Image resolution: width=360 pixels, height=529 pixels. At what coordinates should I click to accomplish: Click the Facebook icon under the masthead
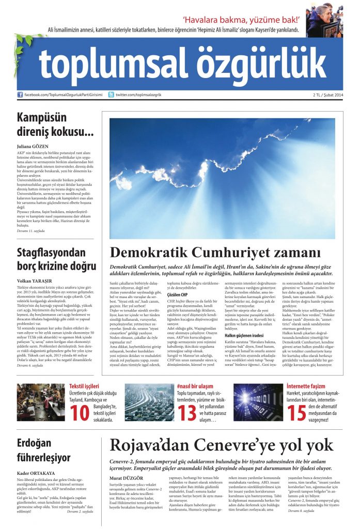[x=20, y=95]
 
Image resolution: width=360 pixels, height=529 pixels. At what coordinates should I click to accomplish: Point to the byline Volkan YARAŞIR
[x=32, y=281]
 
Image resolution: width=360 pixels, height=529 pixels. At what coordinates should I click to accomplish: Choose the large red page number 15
[x=296, y=413]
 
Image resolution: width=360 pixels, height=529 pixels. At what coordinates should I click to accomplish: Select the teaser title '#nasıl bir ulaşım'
[x=195, y=386]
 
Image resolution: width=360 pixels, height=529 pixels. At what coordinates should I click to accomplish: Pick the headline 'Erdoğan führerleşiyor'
[x=43, y=450]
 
